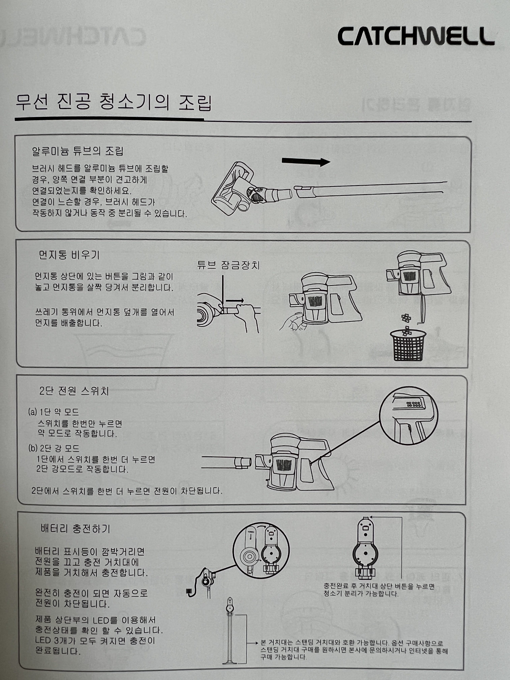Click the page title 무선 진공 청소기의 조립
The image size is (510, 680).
pyautogui.click(x=114, y=102)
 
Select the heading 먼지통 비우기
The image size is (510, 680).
pyautogui.click(x=69, y=255)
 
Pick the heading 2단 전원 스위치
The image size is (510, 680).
pyautogui.click(x=74, y=391)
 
